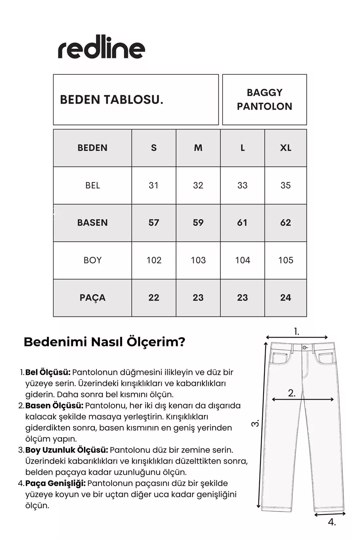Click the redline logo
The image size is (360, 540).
[x=102, y=49]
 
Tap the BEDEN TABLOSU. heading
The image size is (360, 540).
[x=112, y=100]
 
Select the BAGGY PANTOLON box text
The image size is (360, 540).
[x=264, y=100]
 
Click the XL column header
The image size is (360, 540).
[x=286, y=148]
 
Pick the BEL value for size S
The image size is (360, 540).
[x=154, y=185]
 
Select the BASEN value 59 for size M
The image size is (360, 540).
[x=198, y=222]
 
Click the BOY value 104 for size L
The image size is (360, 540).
[x=242, y=260]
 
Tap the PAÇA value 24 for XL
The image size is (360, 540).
[x=286, y=298]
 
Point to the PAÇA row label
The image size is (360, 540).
[x=92, y=298]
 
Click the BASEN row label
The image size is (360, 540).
[x=92, y=222]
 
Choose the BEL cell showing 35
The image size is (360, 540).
[x=286, y=185]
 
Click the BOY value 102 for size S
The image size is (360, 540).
[x=154, y=260]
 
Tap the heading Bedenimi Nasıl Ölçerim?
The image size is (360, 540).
[x=104, y=342]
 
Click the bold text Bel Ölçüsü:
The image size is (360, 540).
[x=48, y=372]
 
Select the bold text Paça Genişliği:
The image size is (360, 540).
[x=55, y=483]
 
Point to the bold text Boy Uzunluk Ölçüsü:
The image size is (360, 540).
[x=66, y=450]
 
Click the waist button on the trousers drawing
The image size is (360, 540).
[x=305, y=348]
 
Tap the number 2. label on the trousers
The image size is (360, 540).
[x=292, y=393]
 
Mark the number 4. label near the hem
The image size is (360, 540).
[x=332, y=522]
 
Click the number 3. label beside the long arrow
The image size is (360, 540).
[x=256, y=423]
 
